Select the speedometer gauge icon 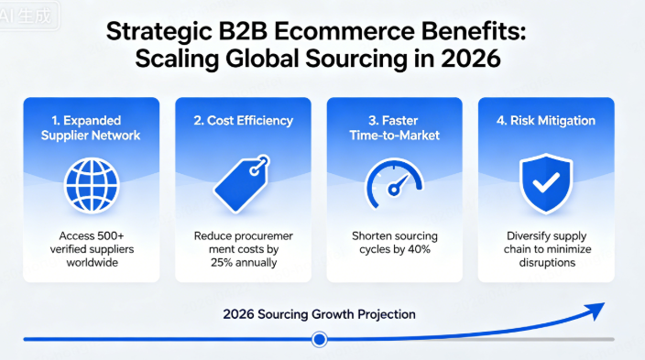coord(395,184)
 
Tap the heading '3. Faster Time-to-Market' coord(396,128)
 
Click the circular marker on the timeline coord(319,339)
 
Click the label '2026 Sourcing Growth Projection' coord(319,314)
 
